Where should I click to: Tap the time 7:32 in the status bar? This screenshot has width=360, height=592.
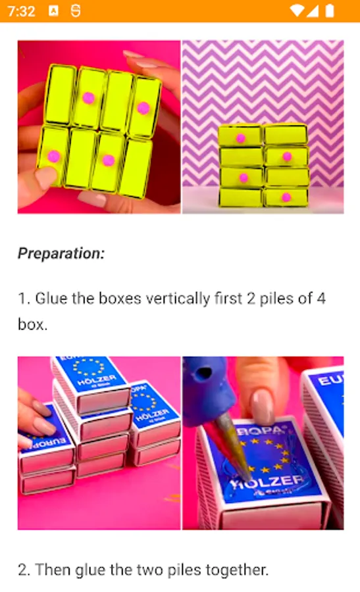21,11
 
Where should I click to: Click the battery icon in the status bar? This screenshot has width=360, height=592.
330,11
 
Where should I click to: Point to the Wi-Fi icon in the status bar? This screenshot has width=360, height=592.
297,11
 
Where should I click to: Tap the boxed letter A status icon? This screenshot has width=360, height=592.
54,11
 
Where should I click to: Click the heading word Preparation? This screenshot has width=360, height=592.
61,253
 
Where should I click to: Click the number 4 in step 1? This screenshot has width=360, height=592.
321,298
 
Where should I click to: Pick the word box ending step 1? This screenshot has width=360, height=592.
32,324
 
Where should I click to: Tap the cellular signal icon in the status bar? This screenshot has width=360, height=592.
312,11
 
